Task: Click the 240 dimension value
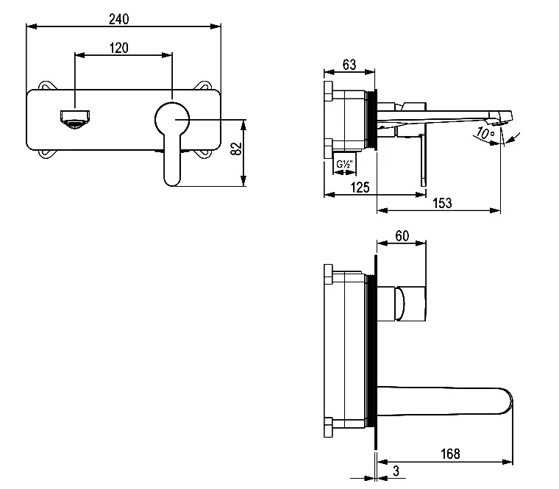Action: (118, 19)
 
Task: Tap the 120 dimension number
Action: (118, 48)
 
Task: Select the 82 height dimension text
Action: (236, 149)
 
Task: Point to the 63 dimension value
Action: (349, 65)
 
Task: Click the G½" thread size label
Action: (344, 164)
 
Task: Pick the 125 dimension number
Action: (360, 188)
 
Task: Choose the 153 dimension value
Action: (442, 203)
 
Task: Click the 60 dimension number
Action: (402, 236)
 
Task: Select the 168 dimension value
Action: (450, 454)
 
